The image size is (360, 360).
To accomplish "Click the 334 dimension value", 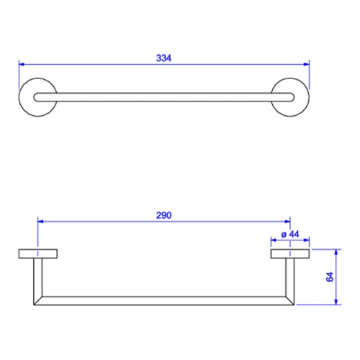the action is pyautogui.click(x=163, y=58).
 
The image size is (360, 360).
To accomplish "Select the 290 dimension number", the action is pyautogui.click(x=163, y=215).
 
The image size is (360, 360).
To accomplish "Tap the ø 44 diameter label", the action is pyautogui.click(x=290, y=234).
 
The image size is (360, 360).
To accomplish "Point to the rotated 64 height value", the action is pyautogui.click(x=330, y=276).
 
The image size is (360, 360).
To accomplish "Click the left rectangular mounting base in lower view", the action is pyautogui.click(x=38, y=253).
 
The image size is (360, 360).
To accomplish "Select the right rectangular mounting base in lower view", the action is pyautogui.click(x=290, y=253).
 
